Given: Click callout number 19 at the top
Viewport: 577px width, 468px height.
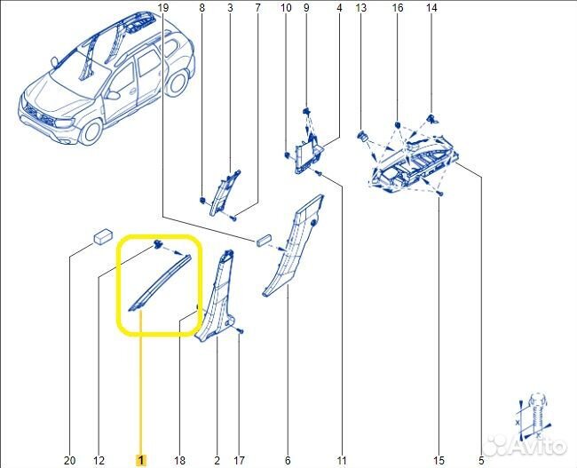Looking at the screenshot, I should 162,8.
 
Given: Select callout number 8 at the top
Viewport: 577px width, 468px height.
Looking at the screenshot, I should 202,8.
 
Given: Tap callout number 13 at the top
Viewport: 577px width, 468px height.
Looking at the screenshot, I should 361,8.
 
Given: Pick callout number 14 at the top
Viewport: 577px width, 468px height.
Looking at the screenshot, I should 432,8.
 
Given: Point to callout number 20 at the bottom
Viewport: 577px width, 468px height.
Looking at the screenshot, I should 70,460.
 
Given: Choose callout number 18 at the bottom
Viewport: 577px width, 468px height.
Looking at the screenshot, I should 179,460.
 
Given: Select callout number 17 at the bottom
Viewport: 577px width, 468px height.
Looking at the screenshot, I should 238,460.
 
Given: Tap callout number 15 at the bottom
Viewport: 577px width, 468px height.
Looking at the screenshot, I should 439,460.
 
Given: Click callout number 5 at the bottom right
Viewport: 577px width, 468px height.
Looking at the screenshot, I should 480,460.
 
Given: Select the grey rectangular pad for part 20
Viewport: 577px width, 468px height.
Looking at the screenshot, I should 102,235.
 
